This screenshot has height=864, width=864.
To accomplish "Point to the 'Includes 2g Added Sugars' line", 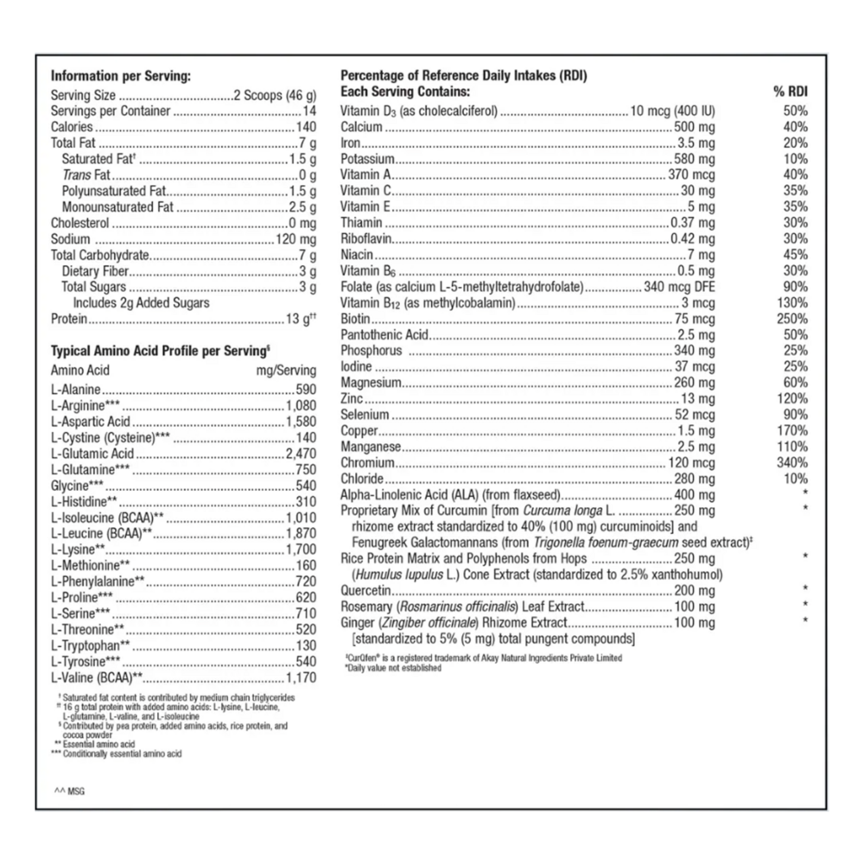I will [141, 302].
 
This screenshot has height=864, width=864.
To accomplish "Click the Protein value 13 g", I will [302, 319].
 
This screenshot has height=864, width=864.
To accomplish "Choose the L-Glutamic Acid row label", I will [92, 454].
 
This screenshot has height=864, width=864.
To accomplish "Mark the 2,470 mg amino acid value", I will [302, 454].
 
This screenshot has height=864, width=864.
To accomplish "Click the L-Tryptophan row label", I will [91, 645].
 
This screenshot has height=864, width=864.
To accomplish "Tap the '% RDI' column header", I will [791, 92].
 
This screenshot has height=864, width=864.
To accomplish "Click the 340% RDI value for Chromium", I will [792, 463].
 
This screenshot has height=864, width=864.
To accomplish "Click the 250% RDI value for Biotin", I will [792, 319].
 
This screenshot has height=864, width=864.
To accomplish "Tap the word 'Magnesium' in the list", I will [372, 383].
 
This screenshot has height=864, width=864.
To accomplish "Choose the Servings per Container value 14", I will [309, 111].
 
